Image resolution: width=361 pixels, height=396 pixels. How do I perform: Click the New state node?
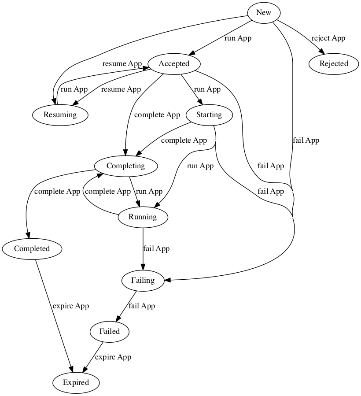[x=263, y=12]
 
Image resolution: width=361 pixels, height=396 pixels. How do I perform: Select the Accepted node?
[x=174, y=63]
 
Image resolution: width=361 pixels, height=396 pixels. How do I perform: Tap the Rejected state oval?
[x=334, y=63]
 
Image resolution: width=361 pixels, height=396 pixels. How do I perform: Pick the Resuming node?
[x=60, y=115]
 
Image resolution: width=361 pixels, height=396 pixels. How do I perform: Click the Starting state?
[x=209, y=115]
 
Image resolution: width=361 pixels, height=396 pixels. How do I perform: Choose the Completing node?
[x=125, y=166]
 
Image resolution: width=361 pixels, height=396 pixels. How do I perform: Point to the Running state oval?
[x=143, y=217]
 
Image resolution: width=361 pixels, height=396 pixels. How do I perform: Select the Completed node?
[x=32, y=248]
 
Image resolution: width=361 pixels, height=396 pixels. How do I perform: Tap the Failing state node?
[x=143, y=280]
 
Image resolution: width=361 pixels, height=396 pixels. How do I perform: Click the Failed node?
[x=110, y=331]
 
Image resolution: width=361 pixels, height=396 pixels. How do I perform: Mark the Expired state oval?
[x=76, y=382]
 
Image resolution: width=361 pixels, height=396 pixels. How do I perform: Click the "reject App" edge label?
[x=328, y=38]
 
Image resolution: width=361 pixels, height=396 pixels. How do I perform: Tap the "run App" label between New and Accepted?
[x=238, y=38]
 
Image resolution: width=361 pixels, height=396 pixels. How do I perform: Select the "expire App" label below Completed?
[x=70, y=306]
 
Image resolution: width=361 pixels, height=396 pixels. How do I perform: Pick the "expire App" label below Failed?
[x=113, y=357]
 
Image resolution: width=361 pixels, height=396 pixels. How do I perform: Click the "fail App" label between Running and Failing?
[x=156, y=248]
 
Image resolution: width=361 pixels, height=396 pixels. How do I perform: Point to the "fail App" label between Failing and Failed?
[x=141, y=306]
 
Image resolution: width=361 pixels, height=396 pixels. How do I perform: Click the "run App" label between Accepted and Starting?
[x=207, y=89]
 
